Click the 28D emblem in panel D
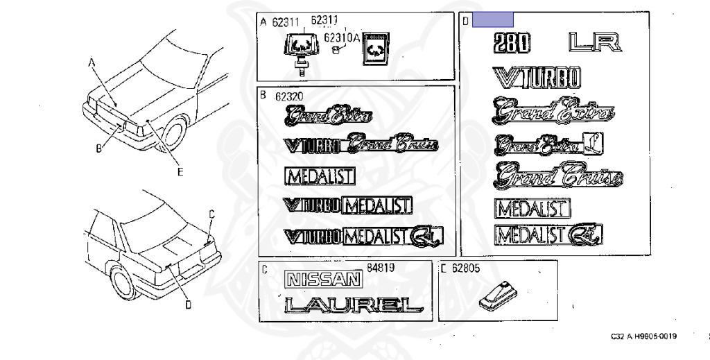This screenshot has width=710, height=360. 511,44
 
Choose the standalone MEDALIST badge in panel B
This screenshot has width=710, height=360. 320,176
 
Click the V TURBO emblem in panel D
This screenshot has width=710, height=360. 536,78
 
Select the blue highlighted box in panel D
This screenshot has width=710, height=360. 492,19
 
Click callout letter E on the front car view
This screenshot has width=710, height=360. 180,172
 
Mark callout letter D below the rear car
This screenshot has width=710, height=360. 188,304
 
